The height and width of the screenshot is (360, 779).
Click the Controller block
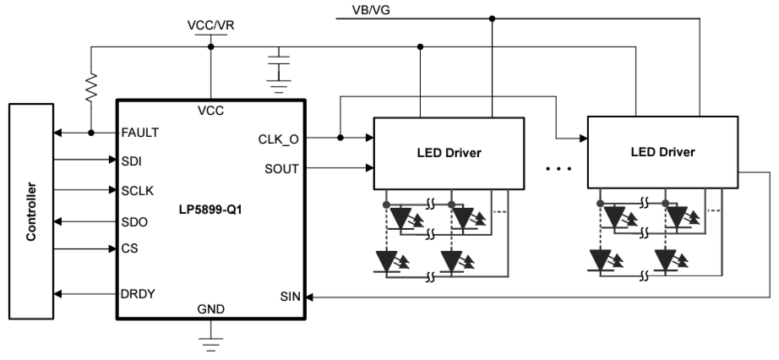point(30,210)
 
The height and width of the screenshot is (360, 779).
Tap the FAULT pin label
point(140,133)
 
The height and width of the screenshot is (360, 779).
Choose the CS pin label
point(130,249)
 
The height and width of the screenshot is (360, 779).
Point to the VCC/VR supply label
point(210,25)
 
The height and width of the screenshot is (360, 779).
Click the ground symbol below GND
point(210,341)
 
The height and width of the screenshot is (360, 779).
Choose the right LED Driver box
point(662,153)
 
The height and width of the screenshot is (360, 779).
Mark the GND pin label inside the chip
point(210,308)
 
